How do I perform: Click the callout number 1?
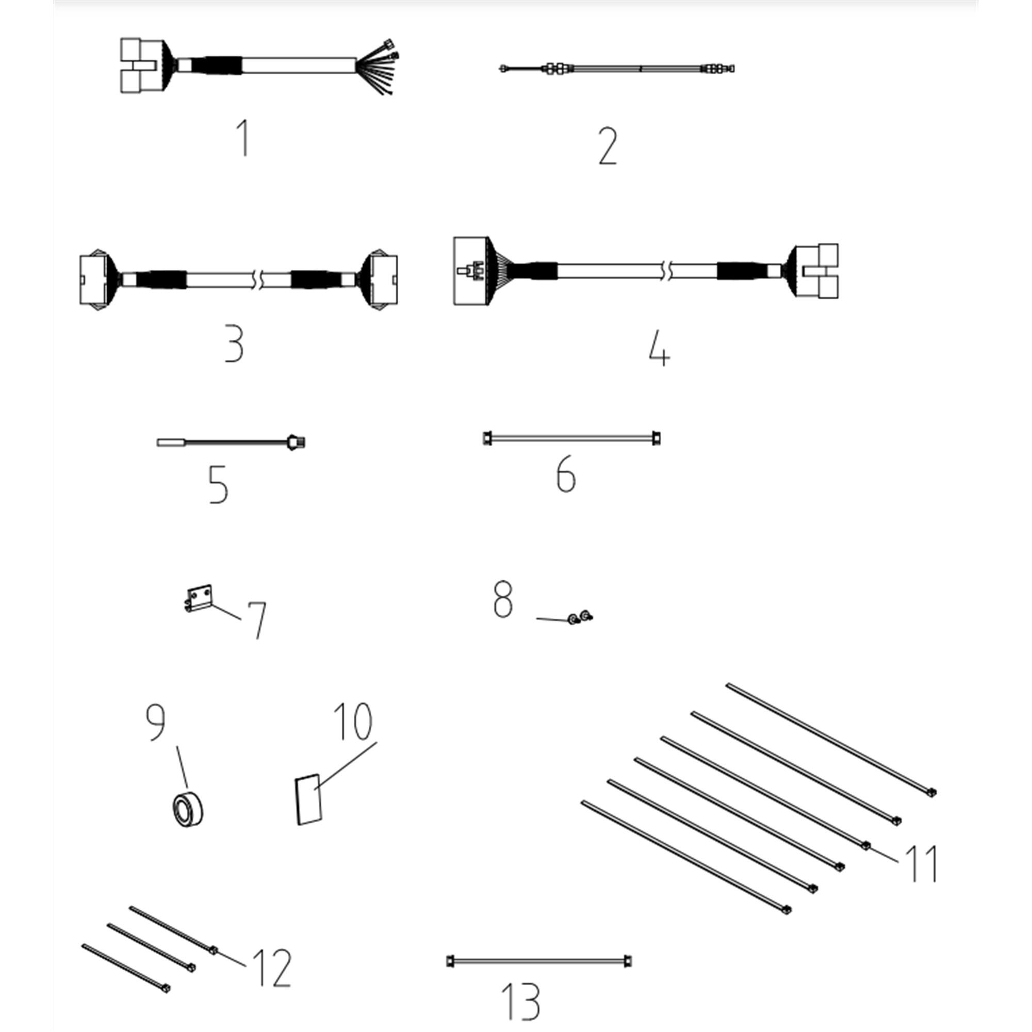[x=243, y=138]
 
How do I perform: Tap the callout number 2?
[x=608, y=146]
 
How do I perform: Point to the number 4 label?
[x=659, y=348]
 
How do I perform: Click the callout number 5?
[x=218, y=484]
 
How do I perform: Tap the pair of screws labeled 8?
[x=580, y=617]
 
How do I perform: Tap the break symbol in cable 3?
[x=260, y=280]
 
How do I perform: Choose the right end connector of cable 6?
[x=657, y=438]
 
